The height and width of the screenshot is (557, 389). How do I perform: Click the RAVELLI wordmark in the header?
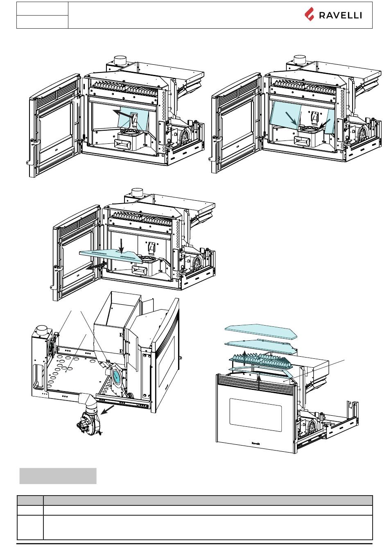[340, 16]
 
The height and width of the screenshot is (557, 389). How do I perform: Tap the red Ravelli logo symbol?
[310, 14]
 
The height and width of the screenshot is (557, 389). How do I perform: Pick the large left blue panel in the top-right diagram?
[285, 115]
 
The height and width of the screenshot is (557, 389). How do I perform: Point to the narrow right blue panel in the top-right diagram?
[330, 121]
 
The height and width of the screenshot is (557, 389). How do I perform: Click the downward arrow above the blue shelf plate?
[121, 246]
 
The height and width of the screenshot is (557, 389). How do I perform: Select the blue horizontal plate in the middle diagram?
[111, 256]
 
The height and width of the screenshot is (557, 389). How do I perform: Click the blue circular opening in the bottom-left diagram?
[116, 375]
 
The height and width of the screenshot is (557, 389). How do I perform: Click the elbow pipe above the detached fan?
[88, 401]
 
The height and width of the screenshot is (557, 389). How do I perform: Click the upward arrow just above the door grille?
[259, 383]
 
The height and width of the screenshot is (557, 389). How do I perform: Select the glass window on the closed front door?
[255, 415]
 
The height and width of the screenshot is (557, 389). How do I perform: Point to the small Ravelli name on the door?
[256, 443]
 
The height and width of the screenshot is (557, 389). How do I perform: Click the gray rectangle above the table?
[58, 476]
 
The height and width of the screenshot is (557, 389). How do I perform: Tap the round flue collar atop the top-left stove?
[120, 61]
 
